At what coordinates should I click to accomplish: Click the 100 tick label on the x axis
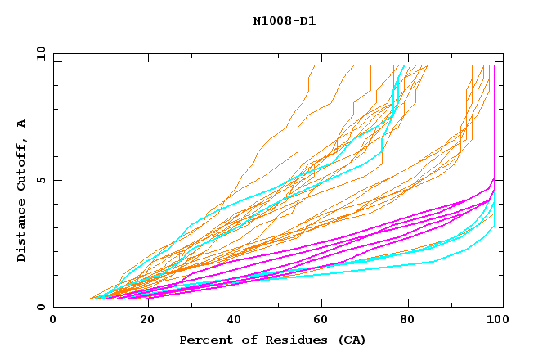click(x=495, y=320)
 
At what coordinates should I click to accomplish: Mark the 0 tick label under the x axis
click(x=54, y=320)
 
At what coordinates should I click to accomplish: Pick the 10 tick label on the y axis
click(x=41, y=53)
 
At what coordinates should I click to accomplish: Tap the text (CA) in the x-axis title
click(x=351, y=340)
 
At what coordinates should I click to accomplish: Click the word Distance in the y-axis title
click(x=22, y=232)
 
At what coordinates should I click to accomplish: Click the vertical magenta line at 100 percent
click(x=494, y=123)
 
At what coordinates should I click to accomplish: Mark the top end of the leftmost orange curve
click(x=314, y=66)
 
